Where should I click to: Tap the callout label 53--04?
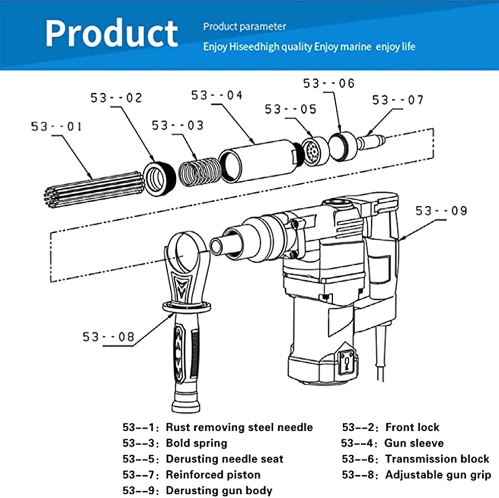click(x=217, y=95)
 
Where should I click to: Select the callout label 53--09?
click(x=441, y=211)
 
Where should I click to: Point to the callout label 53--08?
click(x=108, y=337)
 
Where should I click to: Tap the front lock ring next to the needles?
click(x=160, y=178)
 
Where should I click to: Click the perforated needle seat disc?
click(x=312, y=151)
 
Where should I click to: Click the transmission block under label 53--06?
click(x=343, y=146)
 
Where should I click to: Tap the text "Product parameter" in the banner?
click(x=245, y=27)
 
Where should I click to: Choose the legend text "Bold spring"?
click(x=196, y=443)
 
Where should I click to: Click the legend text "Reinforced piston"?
click(x=213, y=474)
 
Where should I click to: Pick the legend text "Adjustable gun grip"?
click(x=438, y=474)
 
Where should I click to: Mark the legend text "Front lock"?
click(x=412, y=427)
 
